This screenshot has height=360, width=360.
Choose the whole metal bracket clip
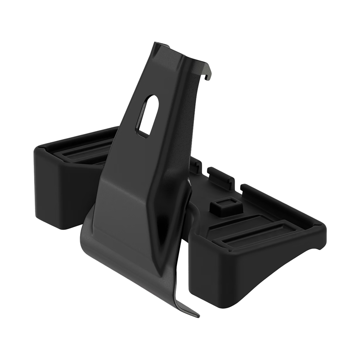click(144, 180)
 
